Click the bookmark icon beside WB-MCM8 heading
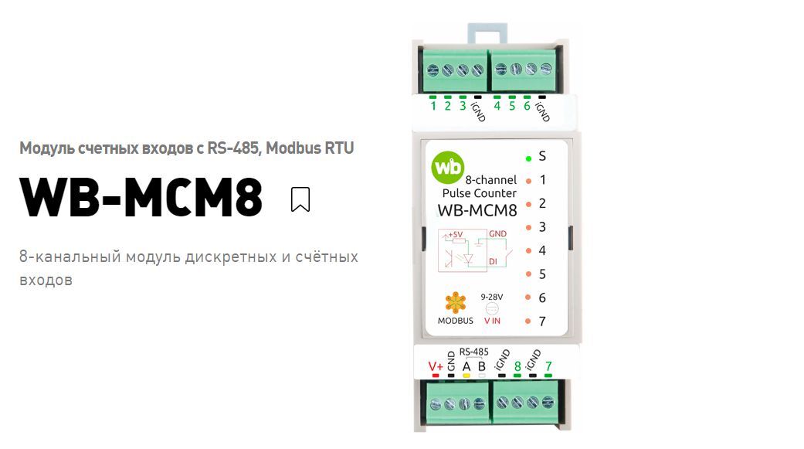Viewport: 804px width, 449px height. point(300,199)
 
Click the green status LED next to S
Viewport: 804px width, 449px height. point(529,158)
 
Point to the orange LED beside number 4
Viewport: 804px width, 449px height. point(529,251)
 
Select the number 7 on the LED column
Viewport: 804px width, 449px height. point(543,321)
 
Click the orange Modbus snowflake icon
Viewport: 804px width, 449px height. point(456,302)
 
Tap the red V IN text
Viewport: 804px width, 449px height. point(492,320)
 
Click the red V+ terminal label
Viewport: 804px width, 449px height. point(436,366)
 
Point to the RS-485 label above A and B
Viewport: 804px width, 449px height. point(474,351)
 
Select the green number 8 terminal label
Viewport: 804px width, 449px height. point(517,367)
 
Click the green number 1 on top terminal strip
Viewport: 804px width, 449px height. point(433,106)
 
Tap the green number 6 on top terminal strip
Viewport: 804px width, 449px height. point(527,106)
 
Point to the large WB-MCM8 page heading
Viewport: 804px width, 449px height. point(141,198)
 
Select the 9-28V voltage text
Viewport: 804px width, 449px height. point(492,296)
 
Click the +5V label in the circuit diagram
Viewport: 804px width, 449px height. point(455,234)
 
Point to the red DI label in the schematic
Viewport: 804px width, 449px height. point(493,262)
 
